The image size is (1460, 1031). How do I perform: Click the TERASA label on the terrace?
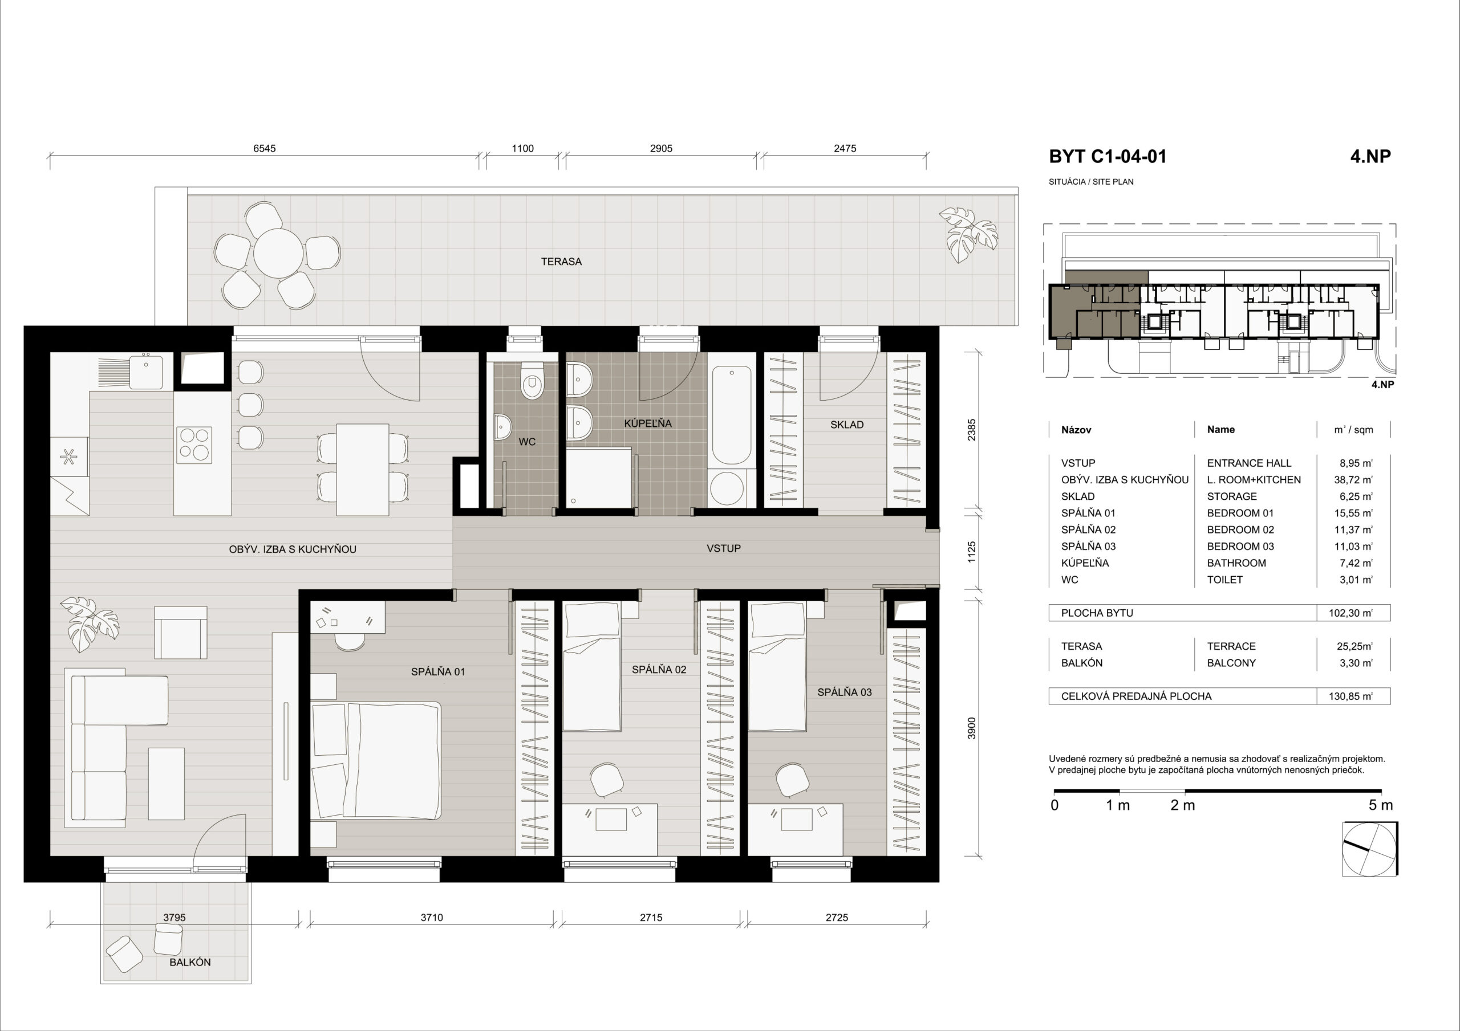(x=561, y=261)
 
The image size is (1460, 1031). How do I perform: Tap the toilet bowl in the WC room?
(x=531, y=380)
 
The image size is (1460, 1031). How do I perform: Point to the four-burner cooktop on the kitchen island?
(x=194, y=443)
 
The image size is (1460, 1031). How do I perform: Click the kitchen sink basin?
(x=146, y=371)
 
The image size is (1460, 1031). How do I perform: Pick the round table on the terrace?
(x=277, y=254)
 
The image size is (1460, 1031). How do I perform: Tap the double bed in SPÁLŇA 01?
(x=376, y=760)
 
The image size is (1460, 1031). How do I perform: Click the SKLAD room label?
(x=846, y=425)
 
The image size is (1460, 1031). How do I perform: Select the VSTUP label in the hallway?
(x=724, y=548)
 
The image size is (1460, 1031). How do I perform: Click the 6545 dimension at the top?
(x=265, y=149)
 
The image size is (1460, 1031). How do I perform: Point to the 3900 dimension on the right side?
(x=971, y=729)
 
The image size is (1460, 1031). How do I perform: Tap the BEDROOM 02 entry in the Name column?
(x=1240, y=529)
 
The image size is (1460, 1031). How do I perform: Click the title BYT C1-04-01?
(x=1107, y=157)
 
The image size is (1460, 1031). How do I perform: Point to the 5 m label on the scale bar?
(x=1381, y=805)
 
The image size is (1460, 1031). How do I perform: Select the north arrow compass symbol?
(x=1370, y=850)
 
